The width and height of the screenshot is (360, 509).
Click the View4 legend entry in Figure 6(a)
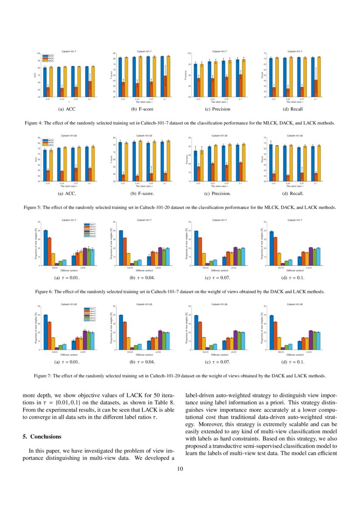coord(92,231)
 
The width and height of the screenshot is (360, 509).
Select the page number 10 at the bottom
coord(180,469)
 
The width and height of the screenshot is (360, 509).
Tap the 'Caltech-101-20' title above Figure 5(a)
coord(68,136)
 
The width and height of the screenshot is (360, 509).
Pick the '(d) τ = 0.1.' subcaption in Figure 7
coord(293,362)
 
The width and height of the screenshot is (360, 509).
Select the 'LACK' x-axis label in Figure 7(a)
coord(83,352)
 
